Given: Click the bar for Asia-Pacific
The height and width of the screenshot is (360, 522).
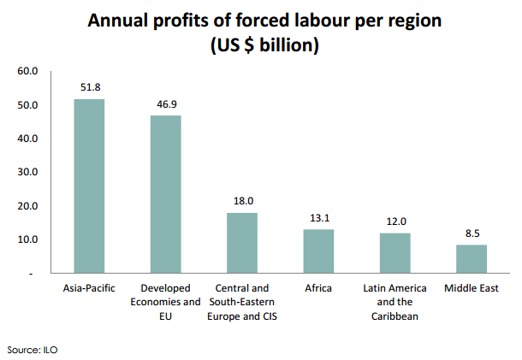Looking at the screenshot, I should point(89,186).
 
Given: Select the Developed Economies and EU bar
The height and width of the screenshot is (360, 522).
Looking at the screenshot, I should point(165,194).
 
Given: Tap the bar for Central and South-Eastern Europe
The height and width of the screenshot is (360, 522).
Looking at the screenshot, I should point(242,243).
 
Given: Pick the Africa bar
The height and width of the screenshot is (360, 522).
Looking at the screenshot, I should point(318,251).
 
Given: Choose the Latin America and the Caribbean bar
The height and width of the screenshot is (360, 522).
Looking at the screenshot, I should point(394,252).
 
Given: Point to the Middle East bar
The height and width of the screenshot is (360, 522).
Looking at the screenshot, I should point(472,258).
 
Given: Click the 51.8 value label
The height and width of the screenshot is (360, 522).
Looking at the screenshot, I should point(89,87).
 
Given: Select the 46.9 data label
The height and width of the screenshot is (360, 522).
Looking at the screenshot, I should point(165,103).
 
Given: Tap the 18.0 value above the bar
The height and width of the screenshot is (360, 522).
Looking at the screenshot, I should point(242,201).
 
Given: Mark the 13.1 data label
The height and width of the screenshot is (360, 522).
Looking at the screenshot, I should point(318,217).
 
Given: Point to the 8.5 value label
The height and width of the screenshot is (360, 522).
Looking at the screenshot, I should point(472,233).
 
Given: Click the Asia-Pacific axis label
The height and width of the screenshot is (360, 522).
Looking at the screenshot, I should point(89,288).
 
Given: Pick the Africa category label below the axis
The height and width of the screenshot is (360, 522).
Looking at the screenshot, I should point(318,288).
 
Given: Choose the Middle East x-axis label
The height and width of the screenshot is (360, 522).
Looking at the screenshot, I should point(472,288).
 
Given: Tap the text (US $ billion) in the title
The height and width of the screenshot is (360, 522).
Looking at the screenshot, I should point(260,44).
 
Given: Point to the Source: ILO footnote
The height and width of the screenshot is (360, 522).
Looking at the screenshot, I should point(32,350).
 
